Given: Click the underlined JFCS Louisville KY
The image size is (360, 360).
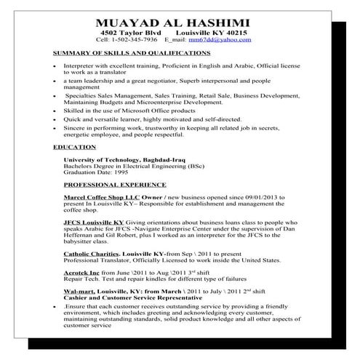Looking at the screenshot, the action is click(93, 222).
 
